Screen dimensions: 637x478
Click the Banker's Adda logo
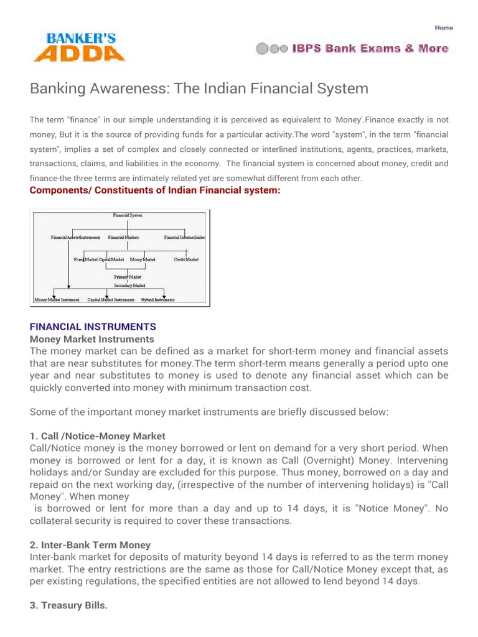pos(79,47)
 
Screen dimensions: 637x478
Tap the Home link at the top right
pos(443,27)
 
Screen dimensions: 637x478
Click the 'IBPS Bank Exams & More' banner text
pos(370,49)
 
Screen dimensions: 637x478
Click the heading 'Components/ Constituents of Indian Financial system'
pos(155,190)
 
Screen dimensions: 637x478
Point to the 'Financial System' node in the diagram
pos(128,215)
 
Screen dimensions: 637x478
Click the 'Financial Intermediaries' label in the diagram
pos(184,238)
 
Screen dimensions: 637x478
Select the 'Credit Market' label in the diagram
pos(186,259)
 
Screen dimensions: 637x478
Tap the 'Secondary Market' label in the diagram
pos(129,286)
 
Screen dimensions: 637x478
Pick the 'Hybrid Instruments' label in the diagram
pos(157,300)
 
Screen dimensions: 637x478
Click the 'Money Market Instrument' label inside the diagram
pos(57,300)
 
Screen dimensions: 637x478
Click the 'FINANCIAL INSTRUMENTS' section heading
pos(93,327)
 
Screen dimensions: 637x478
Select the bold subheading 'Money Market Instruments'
pos(92,339)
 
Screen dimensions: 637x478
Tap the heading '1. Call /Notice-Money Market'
pos(98,436)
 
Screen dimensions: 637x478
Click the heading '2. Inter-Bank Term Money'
pos(90,545)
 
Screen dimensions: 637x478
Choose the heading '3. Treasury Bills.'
pos(69,605)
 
